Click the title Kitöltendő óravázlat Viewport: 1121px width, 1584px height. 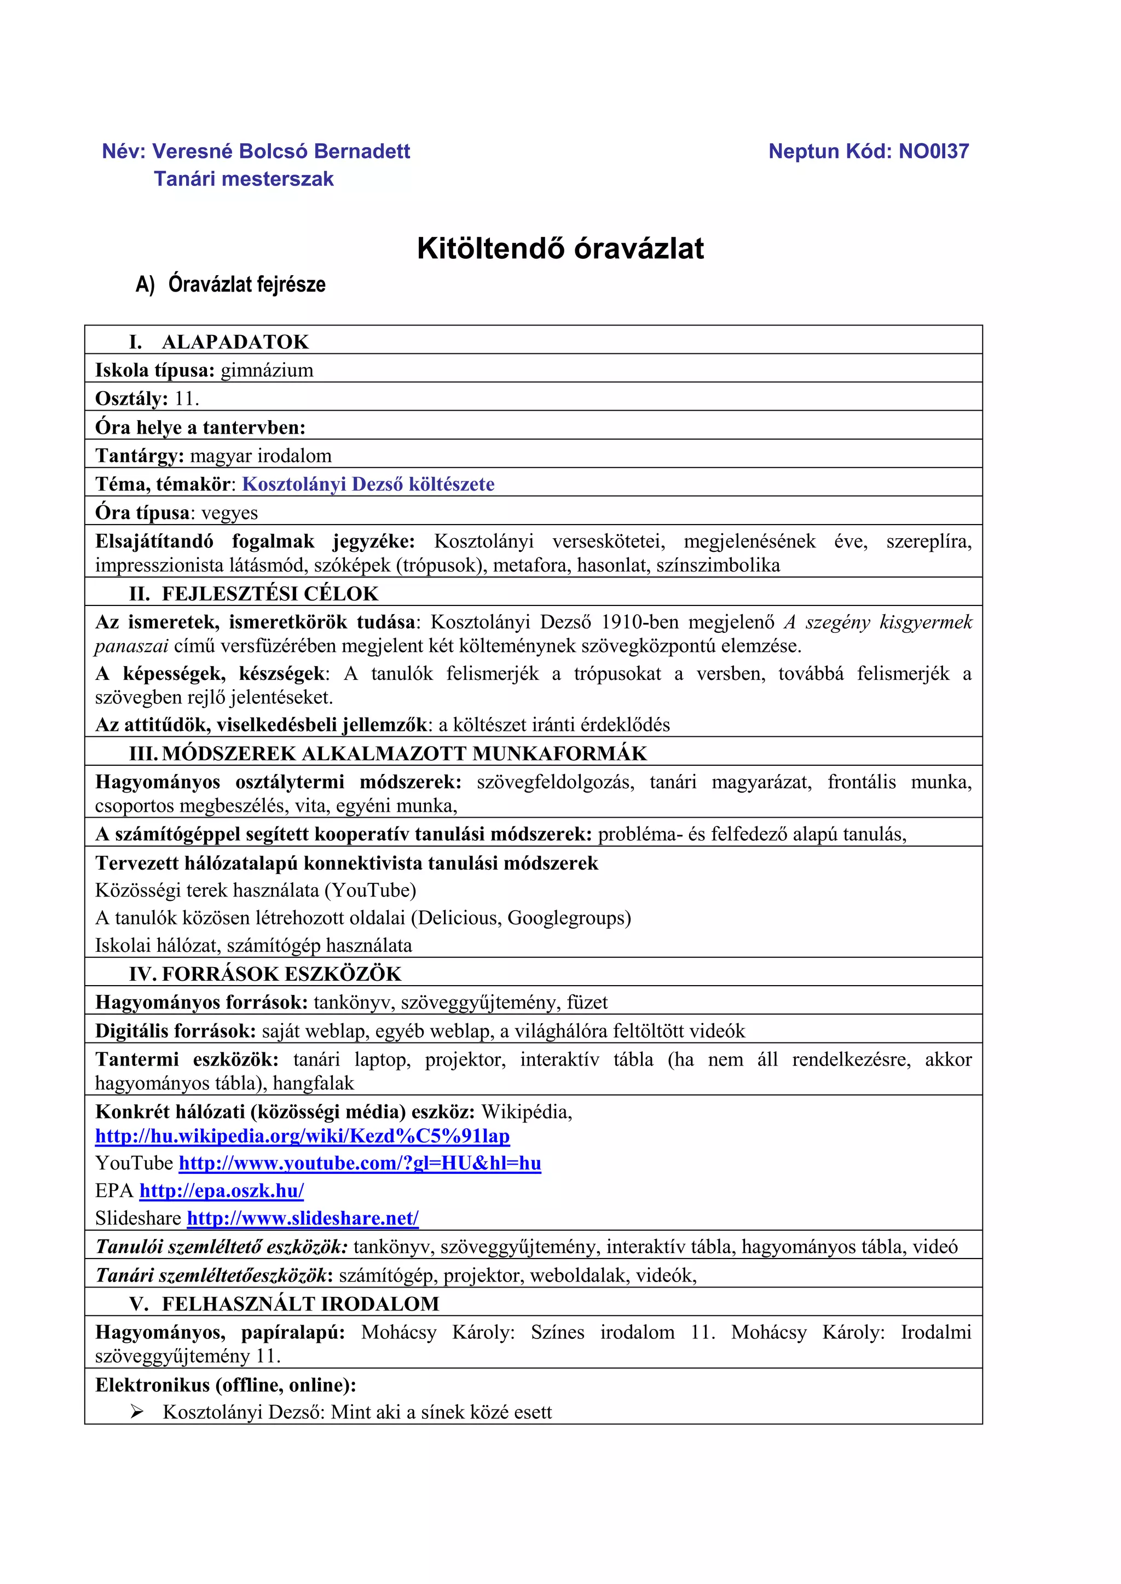click(560, 248)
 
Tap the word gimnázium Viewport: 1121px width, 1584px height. click(267, 370)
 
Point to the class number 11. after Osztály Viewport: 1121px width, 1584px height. click(186, 399)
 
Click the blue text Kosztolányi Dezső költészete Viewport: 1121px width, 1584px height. click(368, 484)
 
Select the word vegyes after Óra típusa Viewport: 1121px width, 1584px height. click(229, 513)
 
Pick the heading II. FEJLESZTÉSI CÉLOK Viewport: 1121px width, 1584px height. click(254, 594)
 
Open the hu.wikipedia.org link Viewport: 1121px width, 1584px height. click(302, 1136)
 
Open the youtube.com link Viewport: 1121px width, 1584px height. click(360, 1164)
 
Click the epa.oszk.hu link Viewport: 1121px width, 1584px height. click(222, 1191)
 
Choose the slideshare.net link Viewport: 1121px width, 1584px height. click(302, 1219)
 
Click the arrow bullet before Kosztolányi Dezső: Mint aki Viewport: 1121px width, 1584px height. click(137, 1412)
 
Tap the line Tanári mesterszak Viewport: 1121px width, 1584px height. click(244, 179)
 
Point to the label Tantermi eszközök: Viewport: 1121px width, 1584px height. click(186, 1059)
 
